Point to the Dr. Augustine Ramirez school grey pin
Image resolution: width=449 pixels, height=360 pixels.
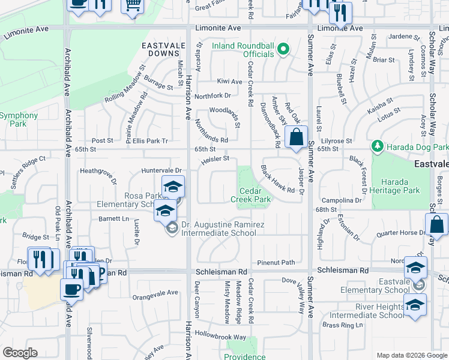coord(172,228)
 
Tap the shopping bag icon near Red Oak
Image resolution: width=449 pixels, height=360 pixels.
coord(297,137)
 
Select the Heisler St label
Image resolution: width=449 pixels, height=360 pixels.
coord(215,159)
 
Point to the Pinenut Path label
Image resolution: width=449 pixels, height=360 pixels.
coord(276,262)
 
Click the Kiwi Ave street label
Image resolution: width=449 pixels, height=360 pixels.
coord(229,81)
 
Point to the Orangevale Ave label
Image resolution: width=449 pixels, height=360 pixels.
coord(155,293)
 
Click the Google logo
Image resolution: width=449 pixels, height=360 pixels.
coord(20,353)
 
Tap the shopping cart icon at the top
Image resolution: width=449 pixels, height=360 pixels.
coord(132,6)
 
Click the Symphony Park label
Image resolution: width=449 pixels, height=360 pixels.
coord(19,119)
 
